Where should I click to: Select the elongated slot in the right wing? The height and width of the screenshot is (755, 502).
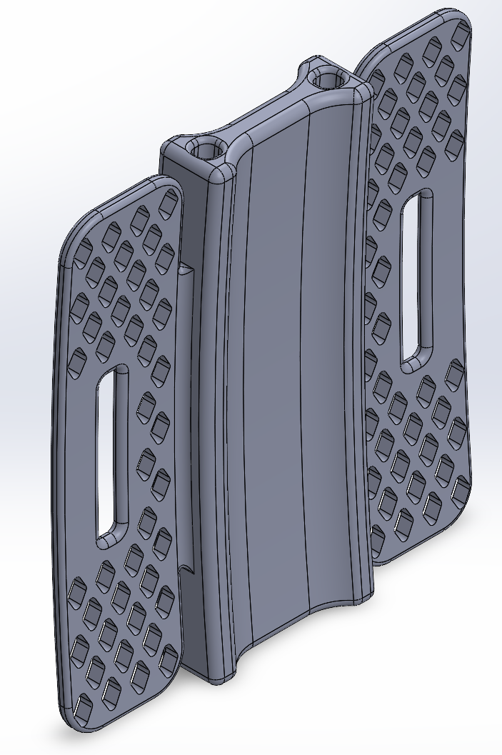416,279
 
